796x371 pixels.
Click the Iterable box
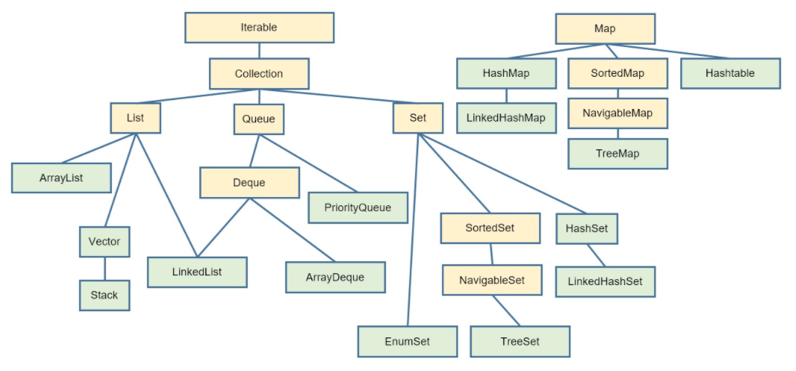(x=259, y=28)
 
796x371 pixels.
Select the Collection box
(x=259, y=74)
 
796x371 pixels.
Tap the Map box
(x=605, y=28)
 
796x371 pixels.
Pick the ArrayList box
(x=61, y=178)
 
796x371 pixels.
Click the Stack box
(x=105, y=295)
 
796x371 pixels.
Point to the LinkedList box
(x=197, y=272)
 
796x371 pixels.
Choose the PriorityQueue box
(x=358, y=208)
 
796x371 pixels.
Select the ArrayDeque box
(x=335, y=277)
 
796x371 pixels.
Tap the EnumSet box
(x=407, y=341)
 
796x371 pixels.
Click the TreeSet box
(x=520, y=341)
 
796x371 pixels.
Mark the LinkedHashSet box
(x=605, y=282)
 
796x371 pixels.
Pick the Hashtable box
(x=730, y=73)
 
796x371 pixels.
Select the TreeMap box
(x=618, y=153)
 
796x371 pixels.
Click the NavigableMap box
(x=618, y=113)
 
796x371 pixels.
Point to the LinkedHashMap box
(x=506, y=118)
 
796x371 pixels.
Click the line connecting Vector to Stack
(x=105, y=268)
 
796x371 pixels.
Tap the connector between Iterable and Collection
(x=259, y=51)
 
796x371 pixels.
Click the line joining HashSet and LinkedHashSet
(x=595, y=255)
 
